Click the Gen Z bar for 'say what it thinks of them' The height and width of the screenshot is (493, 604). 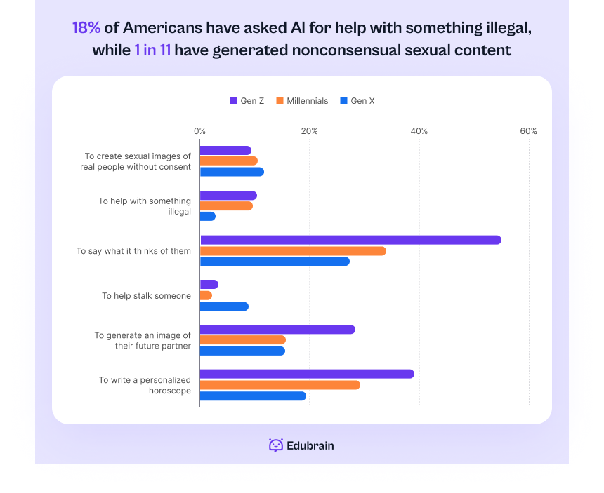coord(350,240)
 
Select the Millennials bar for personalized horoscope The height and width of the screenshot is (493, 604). coord(280,385)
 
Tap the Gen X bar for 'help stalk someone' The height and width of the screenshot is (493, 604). coord(224,306)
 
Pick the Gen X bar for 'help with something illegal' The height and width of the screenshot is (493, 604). coord(208,217)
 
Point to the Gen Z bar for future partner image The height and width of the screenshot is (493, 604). coord(277,330)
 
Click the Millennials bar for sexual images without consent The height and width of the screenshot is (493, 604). coord(229,161)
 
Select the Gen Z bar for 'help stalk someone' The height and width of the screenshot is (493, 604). coord(209,285)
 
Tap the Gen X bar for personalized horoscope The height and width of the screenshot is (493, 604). coord(253,396)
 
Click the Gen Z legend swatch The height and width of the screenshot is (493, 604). coord(233,101)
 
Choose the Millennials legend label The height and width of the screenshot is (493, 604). coord(307,101)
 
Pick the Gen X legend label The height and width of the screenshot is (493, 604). coord(362,101)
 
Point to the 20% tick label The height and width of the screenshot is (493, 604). coord(310,131)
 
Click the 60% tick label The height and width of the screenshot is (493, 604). coord(528,131)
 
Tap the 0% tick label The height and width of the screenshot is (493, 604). coord(200,131)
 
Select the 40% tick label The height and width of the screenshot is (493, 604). coord(419,131)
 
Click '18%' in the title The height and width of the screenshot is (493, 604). coord(86,28)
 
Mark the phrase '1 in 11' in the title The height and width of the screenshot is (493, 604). coord(152,50)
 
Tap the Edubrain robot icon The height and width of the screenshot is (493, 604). coord(276,445)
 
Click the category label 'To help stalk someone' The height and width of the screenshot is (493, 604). coord(146,296)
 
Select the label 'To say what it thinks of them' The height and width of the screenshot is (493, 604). coord(133,251)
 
